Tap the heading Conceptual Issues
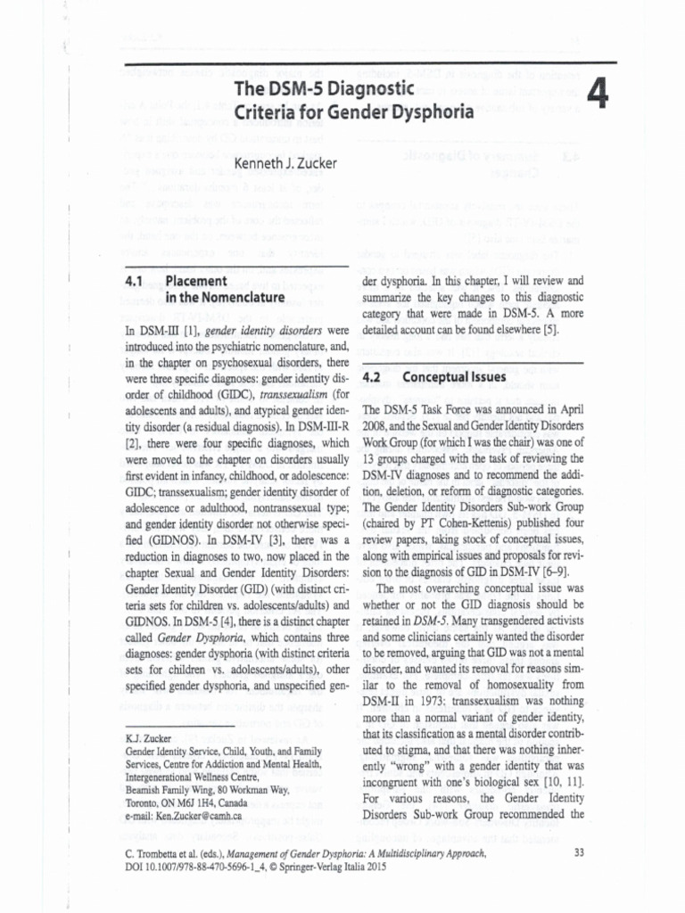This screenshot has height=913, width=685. [454, 376]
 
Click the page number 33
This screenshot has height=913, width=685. [579, 852]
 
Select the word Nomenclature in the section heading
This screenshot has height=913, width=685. [236, 297]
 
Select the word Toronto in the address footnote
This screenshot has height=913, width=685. [145, 802]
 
